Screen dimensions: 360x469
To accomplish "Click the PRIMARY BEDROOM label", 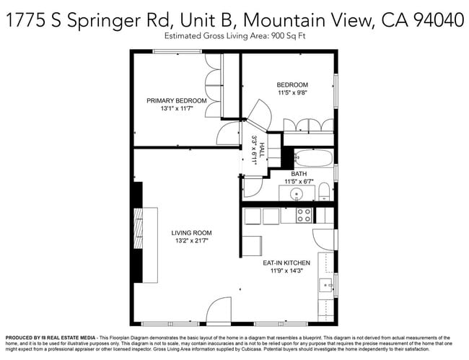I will (x=177, y=100).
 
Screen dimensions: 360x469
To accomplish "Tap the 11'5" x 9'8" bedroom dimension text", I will (x=292, y=93).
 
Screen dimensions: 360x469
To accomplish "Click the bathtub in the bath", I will (x=313, y=159).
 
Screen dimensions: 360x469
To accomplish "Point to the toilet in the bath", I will (x=324, y=192).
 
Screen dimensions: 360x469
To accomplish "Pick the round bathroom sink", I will (x=297, y=194).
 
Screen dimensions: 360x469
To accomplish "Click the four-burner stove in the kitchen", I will (x=304, y=215).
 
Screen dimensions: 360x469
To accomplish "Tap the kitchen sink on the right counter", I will (x=326, y=284).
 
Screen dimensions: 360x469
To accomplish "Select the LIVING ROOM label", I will (x=191, y=232).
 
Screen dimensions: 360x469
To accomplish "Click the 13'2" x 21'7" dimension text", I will (x=191, y=242).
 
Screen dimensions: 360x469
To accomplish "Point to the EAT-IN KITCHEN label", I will (x=286, y=263).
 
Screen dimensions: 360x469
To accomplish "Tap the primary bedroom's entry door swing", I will (x=229, y=134).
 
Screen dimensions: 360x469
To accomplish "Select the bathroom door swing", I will (x=253, y=187).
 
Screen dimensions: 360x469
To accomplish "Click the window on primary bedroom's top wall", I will (x=177, y=51).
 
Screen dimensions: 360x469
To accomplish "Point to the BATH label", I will (x=299, y=174).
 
